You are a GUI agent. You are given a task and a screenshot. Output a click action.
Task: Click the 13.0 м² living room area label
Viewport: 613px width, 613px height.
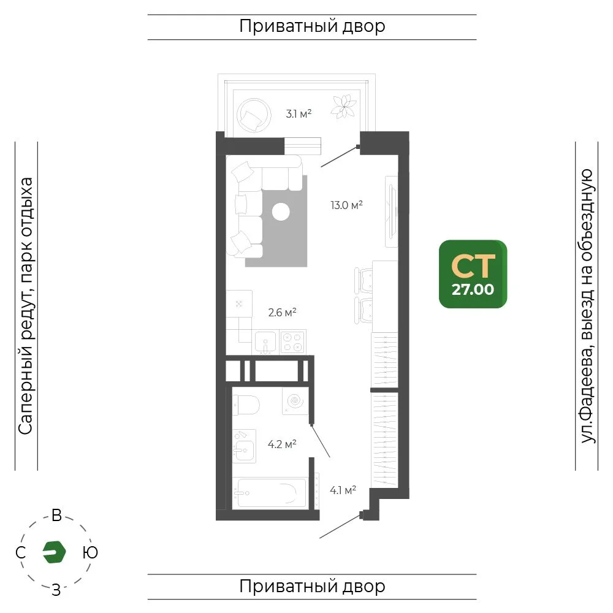346,205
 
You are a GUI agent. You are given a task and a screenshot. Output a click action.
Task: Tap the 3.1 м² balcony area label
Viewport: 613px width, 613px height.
299,114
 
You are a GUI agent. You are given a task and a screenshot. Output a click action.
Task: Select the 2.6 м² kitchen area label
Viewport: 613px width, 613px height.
282,313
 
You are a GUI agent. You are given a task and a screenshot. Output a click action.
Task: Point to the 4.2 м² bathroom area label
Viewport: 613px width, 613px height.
282,444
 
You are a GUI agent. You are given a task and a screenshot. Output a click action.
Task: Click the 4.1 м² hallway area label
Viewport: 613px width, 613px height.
343,490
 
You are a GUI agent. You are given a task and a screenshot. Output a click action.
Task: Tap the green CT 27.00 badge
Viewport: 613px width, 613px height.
473,274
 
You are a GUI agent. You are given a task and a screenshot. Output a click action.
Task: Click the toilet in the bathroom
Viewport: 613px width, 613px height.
246,405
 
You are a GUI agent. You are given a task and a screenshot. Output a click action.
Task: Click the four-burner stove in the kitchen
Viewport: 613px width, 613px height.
292,341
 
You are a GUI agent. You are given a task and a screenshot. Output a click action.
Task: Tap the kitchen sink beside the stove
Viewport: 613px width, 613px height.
266,343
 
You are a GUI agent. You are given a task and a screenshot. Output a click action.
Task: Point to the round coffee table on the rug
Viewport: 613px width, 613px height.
281,212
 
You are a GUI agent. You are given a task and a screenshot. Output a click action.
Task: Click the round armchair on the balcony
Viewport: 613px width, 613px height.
254,115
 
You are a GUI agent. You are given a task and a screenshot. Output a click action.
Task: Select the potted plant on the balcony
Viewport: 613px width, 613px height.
344,106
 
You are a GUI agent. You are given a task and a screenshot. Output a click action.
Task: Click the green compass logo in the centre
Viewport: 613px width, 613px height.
54,552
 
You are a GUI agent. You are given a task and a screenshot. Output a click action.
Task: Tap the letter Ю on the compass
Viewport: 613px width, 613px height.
90,552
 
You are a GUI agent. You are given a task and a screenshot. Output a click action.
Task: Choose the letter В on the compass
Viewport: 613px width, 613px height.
56,516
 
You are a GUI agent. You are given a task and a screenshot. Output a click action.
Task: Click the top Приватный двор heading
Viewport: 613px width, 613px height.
312,26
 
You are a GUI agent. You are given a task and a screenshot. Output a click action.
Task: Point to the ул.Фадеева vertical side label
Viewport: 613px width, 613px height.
587,306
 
